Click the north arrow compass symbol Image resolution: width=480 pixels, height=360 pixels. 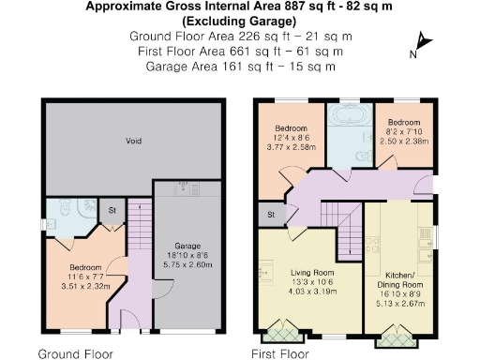pos(422,43)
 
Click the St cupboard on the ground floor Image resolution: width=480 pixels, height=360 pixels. pos(112,211)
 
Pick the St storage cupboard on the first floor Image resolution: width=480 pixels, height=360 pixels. pos(270,215)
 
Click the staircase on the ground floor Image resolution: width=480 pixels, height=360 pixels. pos(138,230)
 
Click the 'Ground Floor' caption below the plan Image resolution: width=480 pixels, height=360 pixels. pos(75,353)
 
